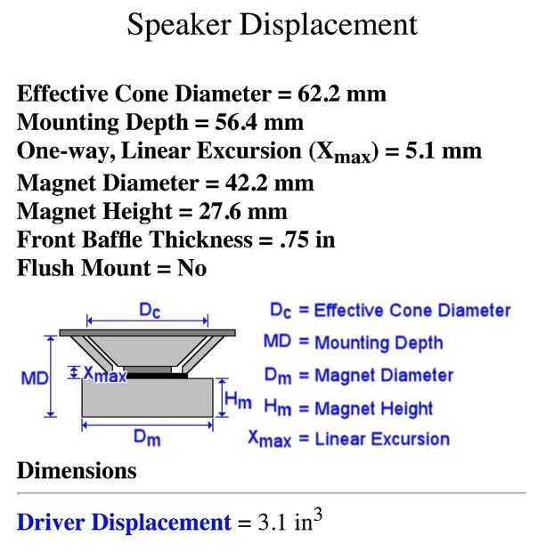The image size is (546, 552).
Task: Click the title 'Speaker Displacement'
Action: point(272,25)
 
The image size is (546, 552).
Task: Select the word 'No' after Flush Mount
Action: point(192,267)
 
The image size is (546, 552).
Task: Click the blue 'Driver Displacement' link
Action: point(124,522)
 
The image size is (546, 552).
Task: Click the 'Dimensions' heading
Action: point(77,470)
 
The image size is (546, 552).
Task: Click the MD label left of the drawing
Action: point(34,378)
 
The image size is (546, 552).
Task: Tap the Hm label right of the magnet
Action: point(238,402)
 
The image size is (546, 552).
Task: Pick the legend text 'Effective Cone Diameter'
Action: point(412,311)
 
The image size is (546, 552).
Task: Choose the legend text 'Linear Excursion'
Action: point(382,438)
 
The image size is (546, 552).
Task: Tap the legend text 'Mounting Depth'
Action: point(379,343)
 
